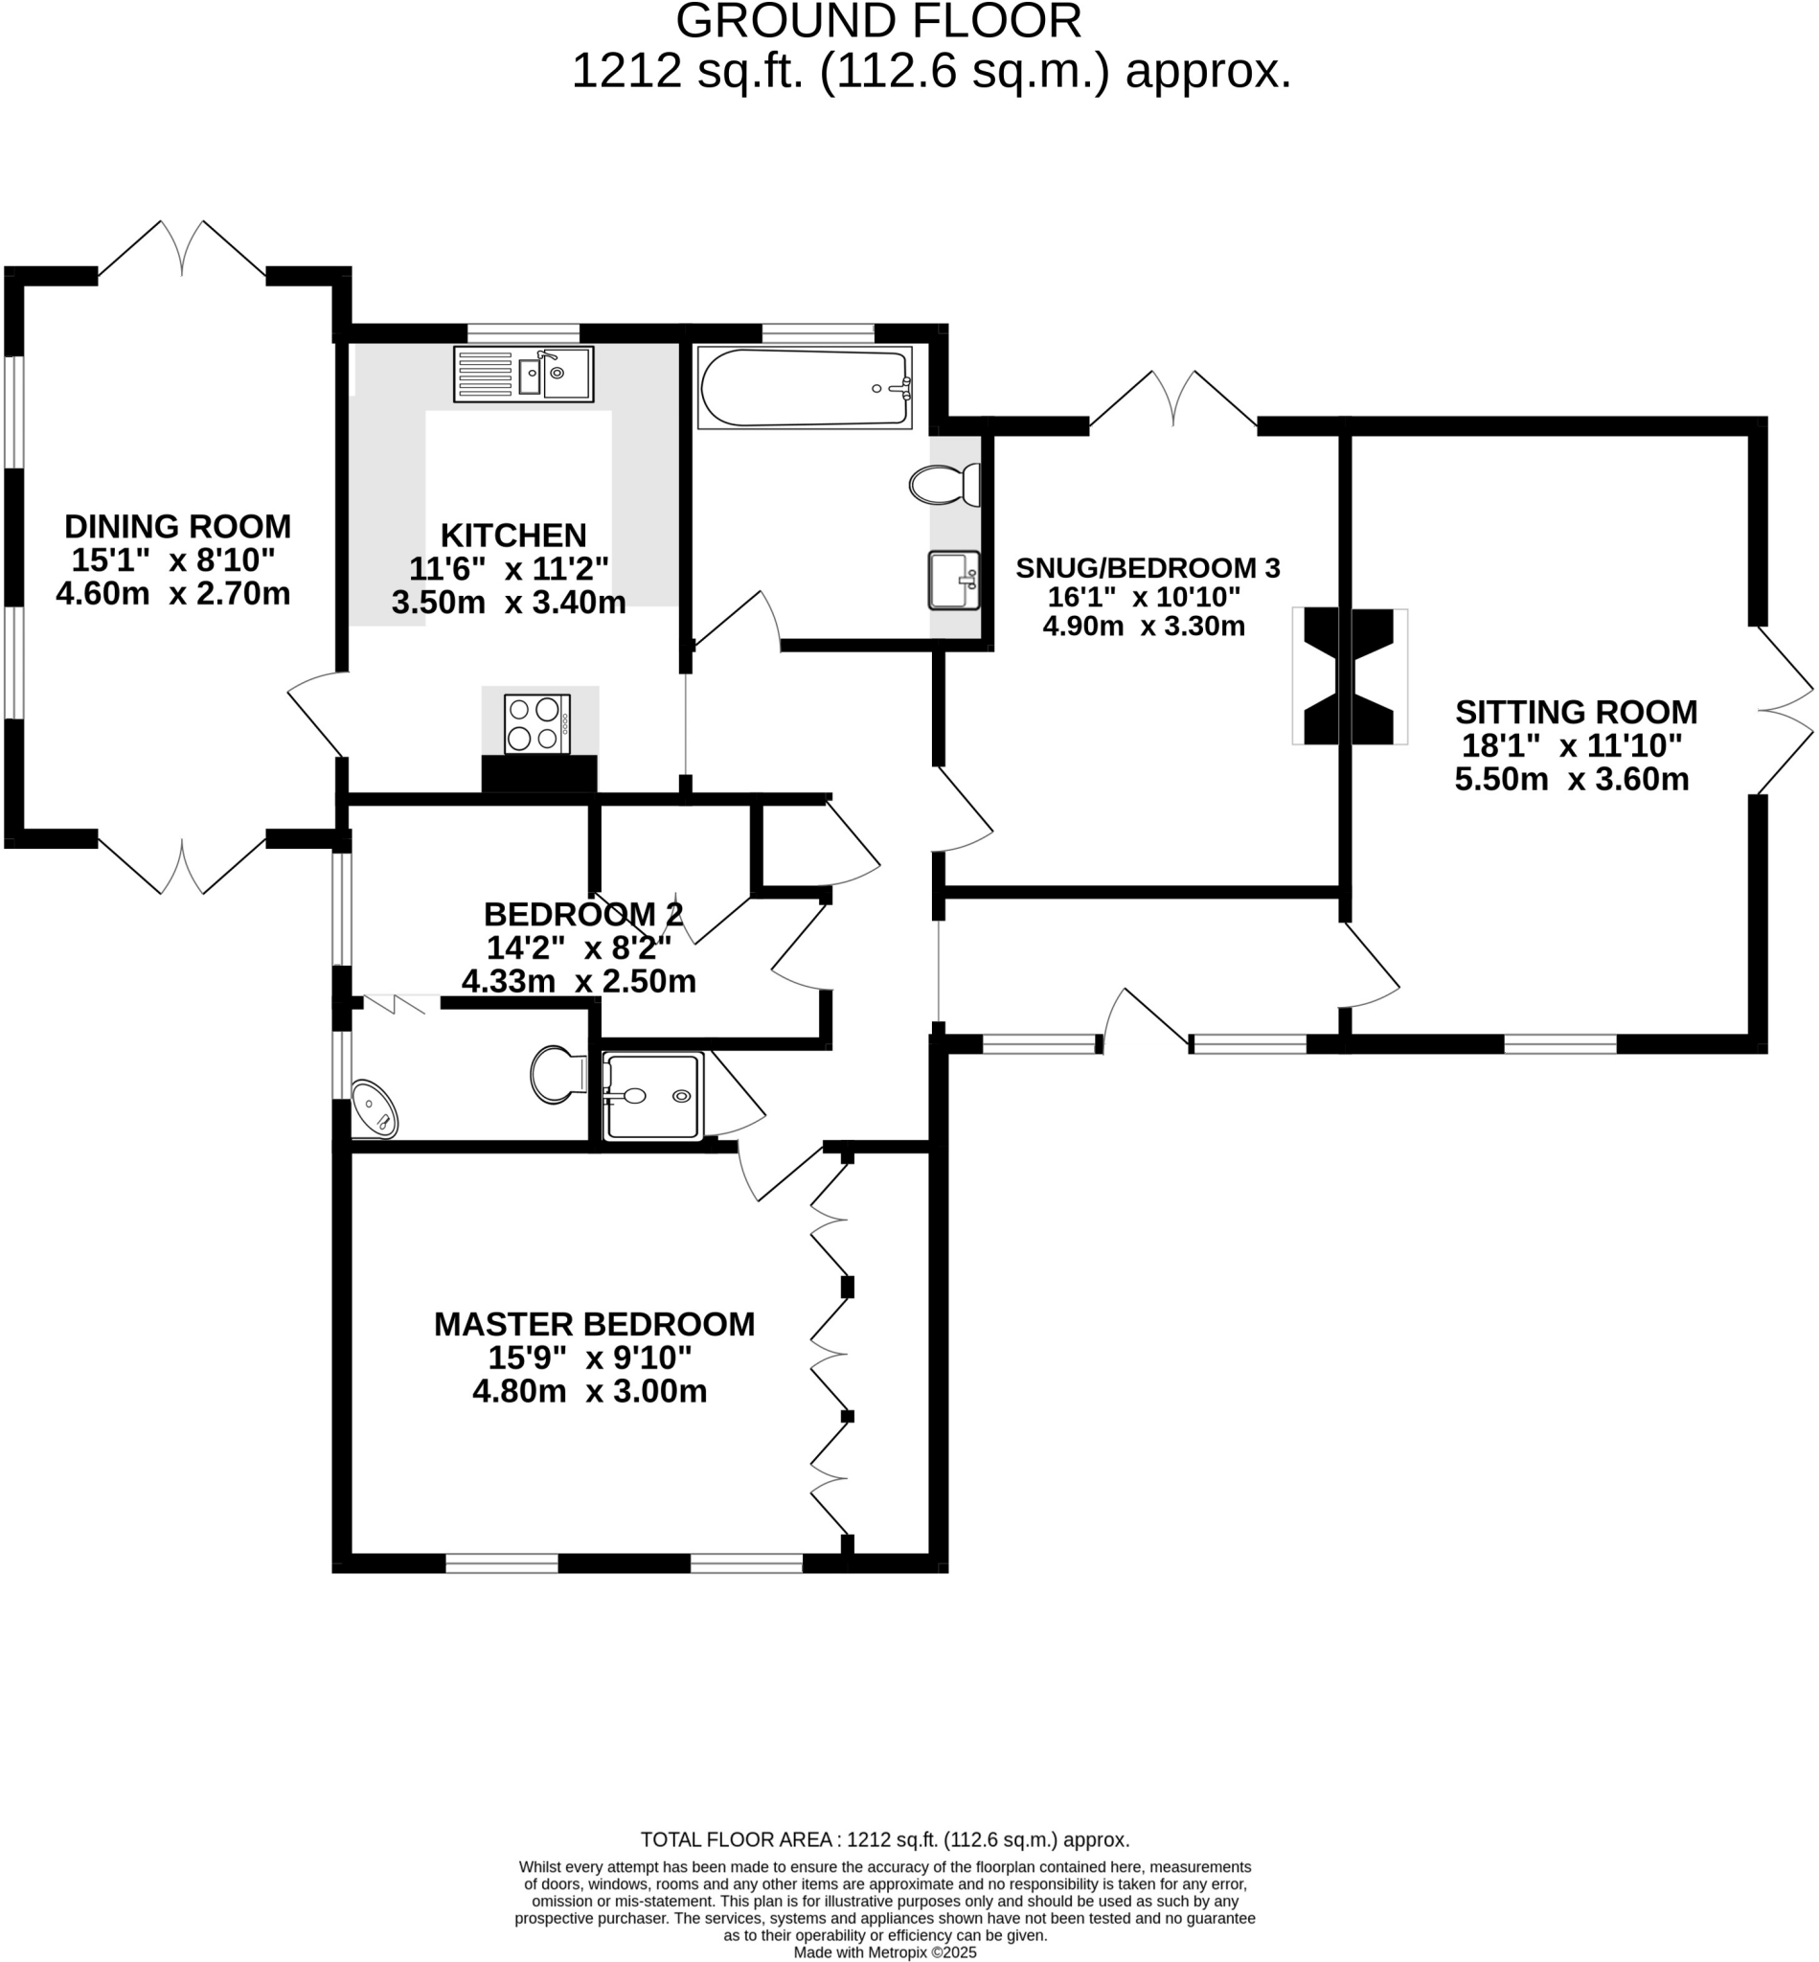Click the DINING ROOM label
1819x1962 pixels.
tap(178, 527)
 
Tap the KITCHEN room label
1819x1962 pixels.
tap(513, 536)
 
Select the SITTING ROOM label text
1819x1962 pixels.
tap(1576, 712)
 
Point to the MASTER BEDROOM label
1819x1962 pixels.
tap(595, 1324)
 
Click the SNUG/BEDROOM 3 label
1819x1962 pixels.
tap(1148, 568)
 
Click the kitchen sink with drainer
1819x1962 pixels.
tap(524, 374)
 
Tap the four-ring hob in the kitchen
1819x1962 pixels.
tap(537, 723)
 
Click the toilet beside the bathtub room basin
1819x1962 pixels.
tap(944, 485)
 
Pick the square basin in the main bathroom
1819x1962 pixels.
tap(954, 581)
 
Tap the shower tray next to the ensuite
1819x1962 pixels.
tap(652, 1097)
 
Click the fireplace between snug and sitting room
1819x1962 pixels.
tap(1350, 676)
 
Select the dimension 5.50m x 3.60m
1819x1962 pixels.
tap(1572, 780)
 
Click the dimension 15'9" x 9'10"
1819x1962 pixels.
tap(591, 1358)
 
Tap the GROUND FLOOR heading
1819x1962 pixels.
tap(879, 22)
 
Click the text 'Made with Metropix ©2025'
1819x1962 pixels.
tap(886, 1952)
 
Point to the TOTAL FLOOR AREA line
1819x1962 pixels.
tap(885, 1840)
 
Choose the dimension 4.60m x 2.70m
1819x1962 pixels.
tap(173, 595)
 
